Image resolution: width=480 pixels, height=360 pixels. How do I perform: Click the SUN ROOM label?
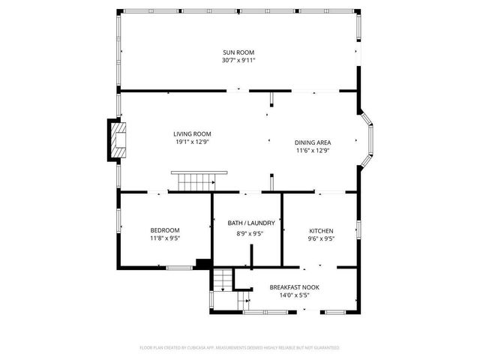click(x=238, y=52)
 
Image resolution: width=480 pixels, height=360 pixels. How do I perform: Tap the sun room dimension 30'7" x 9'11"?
click(x=238, y=60)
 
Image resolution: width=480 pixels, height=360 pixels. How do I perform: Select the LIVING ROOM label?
click(x=192, y=133)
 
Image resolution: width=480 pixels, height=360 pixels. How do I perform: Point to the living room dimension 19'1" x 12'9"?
click(x=192, y=142)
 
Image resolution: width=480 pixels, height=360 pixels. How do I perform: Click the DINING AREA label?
click(x=313, y=142)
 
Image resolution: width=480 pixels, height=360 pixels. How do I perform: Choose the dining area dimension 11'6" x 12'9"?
click(x=313, y=151)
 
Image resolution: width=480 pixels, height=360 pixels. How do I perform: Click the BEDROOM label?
click(x=165, y=230)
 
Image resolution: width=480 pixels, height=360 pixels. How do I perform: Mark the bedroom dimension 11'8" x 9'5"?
click(x=165, y=238)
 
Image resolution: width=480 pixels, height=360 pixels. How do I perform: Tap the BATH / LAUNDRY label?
click(x=251, y=223)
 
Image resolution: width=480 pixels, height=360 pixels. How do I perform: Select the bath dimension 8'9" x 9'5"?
click(x=251, y=232)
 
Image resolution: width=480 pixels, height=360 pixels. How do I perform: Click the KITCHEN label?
click(x=321, y=231)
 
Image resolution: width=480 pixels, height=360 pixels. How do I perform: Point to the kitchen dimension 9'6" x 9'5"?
click(x=321, y=238)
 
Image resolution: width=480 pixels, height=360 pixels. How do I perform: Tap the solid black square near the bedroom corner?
click(x=202, y=263)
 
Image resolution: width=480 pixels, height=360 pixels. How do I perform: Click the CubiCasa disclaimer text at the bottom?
click(x=240, y=347)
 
